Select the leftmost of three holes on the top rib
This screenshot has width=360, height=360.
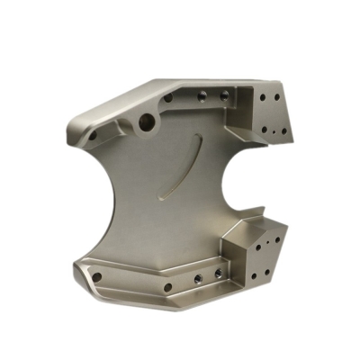[168, 98]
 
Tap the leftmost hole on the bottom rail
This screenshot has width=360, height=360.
[98, 275]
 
